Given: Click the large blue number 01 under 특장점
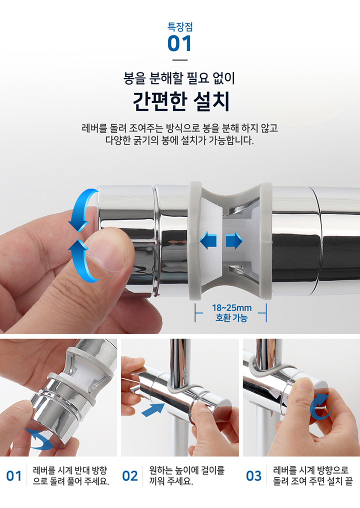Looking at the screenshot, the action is point(179,43).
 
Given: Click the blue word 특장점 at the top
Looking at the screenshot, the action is point(180,26).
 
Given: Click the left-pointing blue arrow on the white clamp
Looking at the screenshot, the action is point(208,240).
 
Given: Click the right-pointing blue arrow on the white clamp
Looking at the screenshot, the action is point(234,240).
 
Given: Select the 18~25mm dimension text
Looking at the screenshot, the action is point(231,307).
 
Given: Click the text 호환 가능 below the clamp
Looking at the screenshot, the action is point(231,317).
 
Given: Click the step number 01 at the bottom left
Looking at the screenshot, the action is point(14,476).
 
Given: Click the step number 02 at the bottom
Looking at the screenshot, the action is point(130,476).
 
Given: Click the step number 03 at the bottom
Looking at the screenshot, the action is point(253,476).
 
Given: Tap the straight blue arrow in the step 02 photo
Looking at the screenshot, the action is point(153,409).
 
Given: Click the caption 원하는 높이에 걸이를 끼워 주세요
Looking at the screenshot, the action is point(186,475).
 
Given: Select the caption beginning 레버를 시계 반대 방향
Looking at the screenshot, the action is point(70,475).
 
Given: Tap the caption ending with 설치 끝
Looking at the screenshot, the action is point(312,475).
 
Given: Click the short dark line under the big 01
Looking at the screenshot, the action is point(180,60).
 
